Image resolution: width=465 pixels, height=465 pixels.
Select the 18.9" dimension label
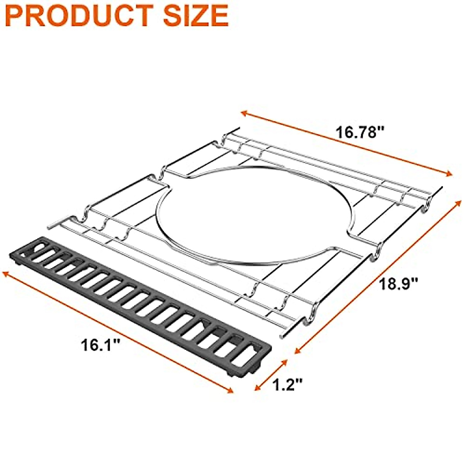click(399, 285)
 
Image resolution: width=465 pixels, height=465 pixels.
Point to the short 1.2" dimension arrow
click(270, 375)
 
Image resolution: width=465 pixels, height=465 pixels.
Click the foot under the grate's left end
click(18, 263)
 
